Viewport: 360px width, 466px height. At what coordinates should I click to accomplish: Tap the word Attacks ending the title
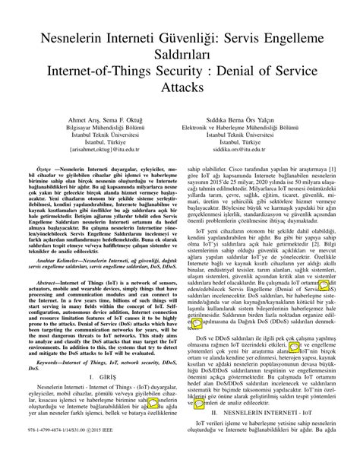point(179,87)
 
